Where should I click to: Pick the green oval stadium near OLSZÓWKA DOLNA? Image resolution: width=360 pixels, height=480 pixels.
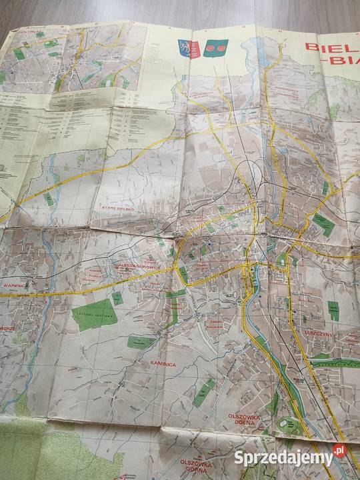pyautogui.click(x=289, y=424)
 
